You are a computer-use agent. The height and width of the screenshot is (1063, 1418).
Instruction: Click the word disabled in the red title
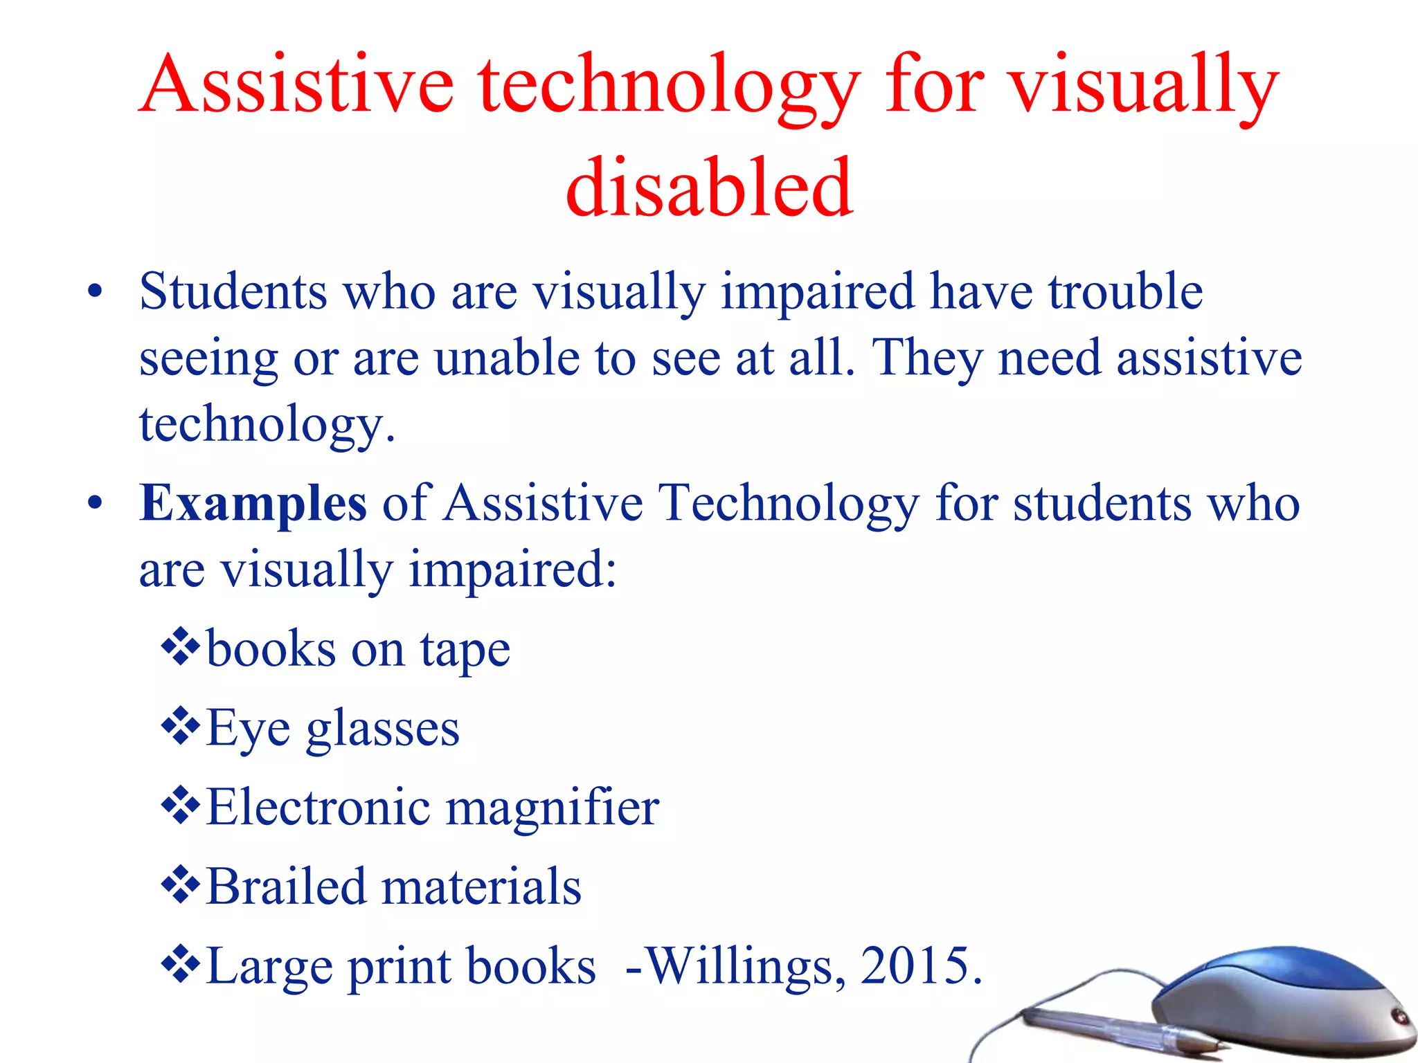(709, 187)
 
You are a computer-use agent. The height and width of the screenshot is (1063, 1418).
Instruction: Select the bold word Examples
(253, 503)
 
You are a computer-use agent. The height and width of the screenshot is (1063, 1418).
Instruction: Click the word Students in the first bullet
(233, 291)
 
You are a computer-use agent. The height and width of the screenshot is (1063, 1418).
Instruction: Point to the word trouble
(1126, 291)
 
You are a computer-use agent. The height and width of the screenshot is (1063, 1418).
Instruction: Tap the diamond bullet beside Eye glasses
(181, 726)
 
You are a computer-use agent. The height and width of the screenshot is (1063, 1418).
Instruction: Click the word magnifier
(552, 808)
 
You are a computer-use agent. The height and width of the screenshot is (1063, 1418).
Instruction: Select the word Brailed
(286, 887)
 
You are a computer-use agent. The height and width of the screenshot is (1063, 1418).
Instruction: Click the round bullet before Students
(95, 293)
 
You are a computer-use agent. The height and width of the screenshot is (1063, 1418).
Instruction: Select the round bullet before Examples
(95, 505)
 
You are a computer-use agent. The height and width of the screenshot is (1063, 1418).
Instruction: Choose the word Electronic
(318, 807)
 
